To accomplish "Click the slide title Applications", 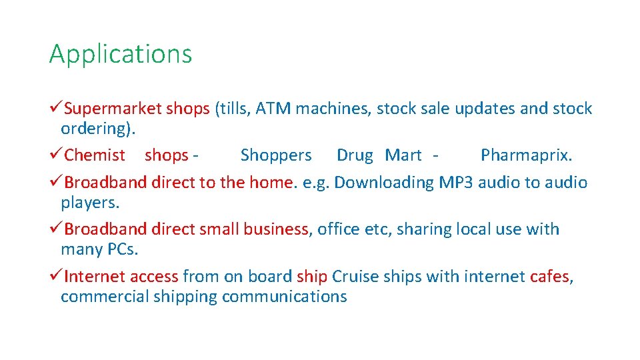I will (x=120, y=54).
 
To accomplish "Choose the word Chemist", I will (x=95, y=155).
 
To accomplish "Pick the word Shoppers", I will (x=275, y=155).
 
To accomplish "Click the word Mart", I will (x=403, y=155).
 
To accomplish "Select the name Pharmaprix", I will (x=526, y=155).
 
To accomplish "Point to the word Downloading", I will (x=384, y=182).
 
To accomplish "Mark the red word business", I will (x=275, y=229).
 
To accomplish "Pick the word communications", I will (x=284, y=297).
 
